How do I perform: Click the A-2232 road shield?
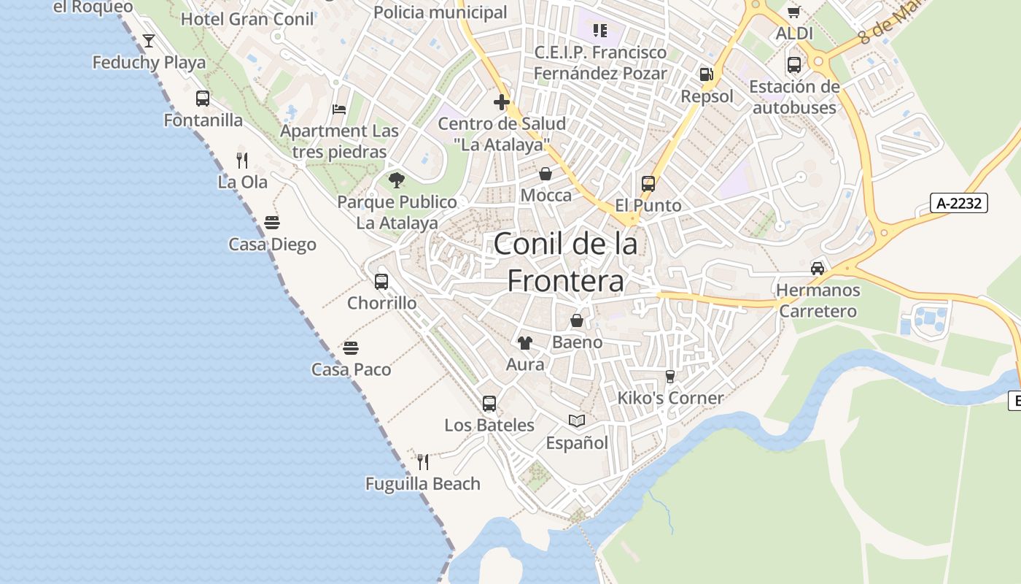pos(959,203)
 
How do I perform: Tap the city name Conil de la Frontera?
pos(565,261)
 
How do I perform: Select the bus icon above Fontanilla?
pos(203,99)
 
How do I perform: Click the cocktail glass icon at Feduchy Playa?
pos(149,41)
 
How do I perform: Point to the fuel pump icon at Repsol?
pos(706,74)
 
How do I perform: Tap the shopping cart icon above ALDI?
pos(794,12)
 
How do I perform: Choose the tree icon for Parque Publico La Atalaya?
pos(397,180)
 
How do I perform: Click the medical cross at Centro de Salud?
pos(502,102)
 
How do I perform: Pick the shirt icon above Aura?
pos(525,342)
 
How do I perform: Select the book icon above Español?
pos(577,421)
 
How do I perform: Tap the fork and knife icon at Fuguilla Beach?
pos(422,461)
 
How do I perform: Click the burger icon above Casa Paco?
pos(351,348)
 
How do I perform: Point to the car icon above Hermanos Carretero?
pos(818,268)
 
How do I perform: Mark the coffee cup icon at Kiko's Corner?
pos(670,376)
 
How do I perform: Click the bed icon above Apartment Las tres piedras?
pos(339,109)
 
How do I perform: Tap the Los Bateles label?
pos(489,425)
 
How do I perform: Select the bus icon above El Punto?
pos(648,184)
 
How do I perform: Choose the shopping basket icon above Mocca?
pos(546,174)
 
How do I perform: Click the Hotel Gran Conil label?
pos(247,19)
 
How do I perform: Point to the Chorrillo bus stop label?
pos(382,303)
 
